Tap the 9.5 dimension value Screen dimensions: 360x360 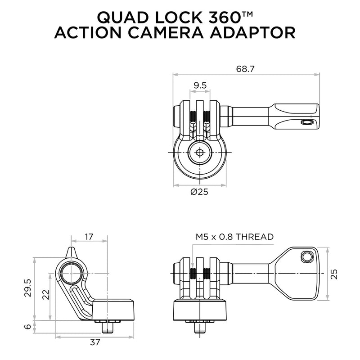[200, 85]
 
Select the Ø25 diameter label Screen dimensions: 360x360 [200, 192]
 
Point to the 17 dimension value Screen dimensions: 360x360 [88, 236]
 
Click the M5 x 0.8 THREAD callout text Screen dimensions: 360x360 [234, 236]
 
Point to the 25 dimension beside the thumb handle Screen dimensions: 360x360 [333, 274]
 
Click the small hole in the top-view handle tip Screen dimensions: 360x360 [307, 122]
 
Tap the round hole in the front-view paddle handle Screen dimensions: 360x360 [307, 256]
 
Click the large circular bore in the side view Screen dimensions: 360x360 [72, 273]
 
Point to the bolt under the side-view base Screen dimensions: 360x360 [108, 327]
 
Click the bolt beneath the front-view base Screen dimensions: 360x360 [200, 327]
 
